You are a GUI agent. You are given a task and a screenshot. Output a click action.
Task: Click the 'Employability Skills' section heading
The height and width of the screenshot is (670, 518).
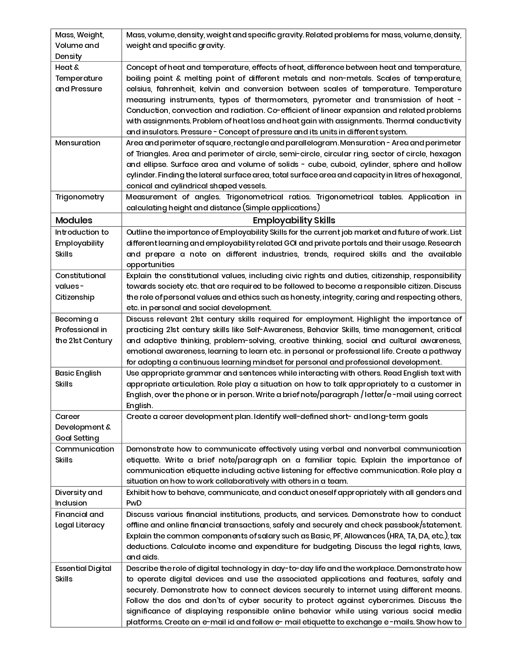point(294,220)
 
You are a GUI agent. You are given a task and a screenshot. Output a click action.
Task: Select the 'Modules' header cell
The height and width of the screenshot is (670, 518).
point(74,220)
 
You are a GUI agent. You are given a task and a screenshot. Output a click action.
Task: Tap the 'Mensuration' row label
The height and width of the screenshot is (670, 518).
point(78,143)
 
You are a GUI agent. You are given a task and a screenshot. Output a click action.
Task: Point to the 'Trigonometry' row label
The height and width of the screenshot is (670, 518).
point(80,197)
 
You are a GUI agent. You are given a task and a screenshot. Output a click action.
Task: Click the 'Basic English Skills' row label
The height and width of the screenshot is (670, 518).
point(78,378)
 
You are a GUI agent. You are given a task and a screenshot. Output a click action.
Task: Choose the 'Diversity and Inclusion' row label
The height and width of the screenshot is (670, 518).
point(78,498)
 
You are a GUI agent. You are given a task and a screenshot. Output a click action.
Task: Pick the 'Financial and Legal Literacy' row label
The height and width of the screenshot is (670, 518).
point(80,520)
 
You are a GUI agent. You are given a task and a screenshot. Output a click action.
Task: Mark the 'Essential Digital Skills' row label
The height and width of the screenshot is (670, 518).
point(83,574)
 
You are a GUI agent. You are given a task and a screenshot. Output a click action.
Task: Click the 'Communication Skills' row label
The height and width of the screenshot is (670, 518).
point(85,454)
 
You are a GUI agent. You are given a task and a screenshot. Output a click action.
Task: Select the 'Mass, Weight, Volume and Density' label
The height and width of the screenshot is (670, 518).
point(79,45)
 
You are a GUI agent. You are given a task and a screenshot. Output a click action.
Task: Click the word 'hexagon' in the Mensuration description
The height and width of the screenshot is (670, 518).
point(445,154)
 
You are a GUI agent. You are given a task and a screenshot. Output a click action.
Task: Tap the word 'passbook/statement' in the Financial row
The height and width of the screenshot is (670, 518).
point(429,525)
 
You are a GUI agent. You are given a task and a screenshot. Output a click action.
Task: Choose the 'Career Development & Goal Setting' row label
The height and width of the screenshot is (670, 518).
point(83,427)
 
